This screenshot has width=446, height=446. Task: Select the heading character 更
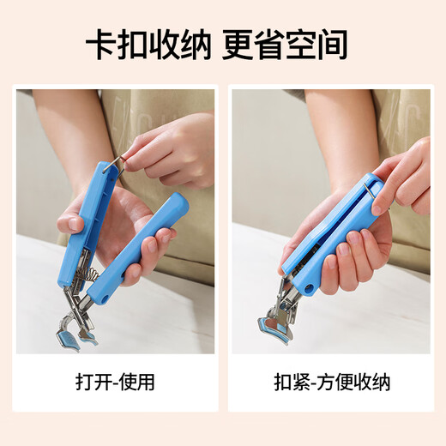[x=239, y=45]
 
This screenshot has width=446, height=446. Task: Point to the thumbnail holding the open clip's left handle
[x=75, y=225]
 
